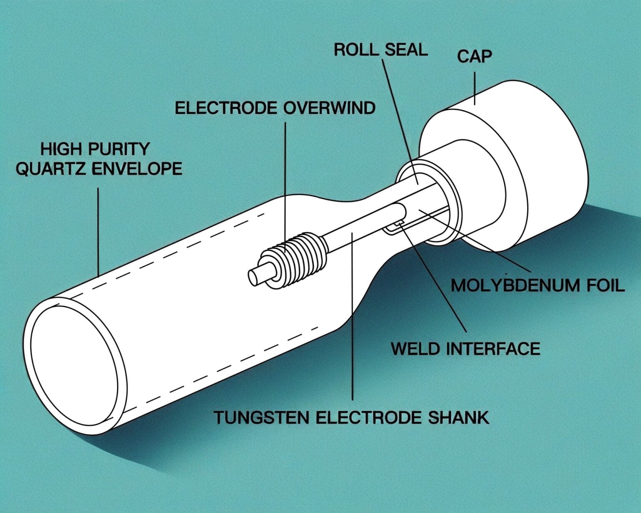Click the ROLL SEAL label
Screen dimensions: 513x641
tap(381, 50)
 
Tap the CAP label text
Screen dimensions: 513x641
tap(474, 56)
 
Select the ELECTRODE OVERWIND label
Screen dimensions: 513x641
tap(275, 108)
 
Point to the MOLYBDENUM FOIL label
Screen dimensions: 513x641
tap(538, 286)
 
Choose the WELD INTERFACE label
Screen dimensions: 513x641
tap(465, 349)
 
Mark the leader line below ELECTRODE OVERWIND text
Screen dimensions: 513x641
tap(286, 175)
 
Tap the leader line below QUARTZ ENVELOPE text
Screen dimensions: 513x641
tap(98, 230)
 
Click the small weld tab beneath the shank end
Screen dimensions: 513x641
tap(394, 227)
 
